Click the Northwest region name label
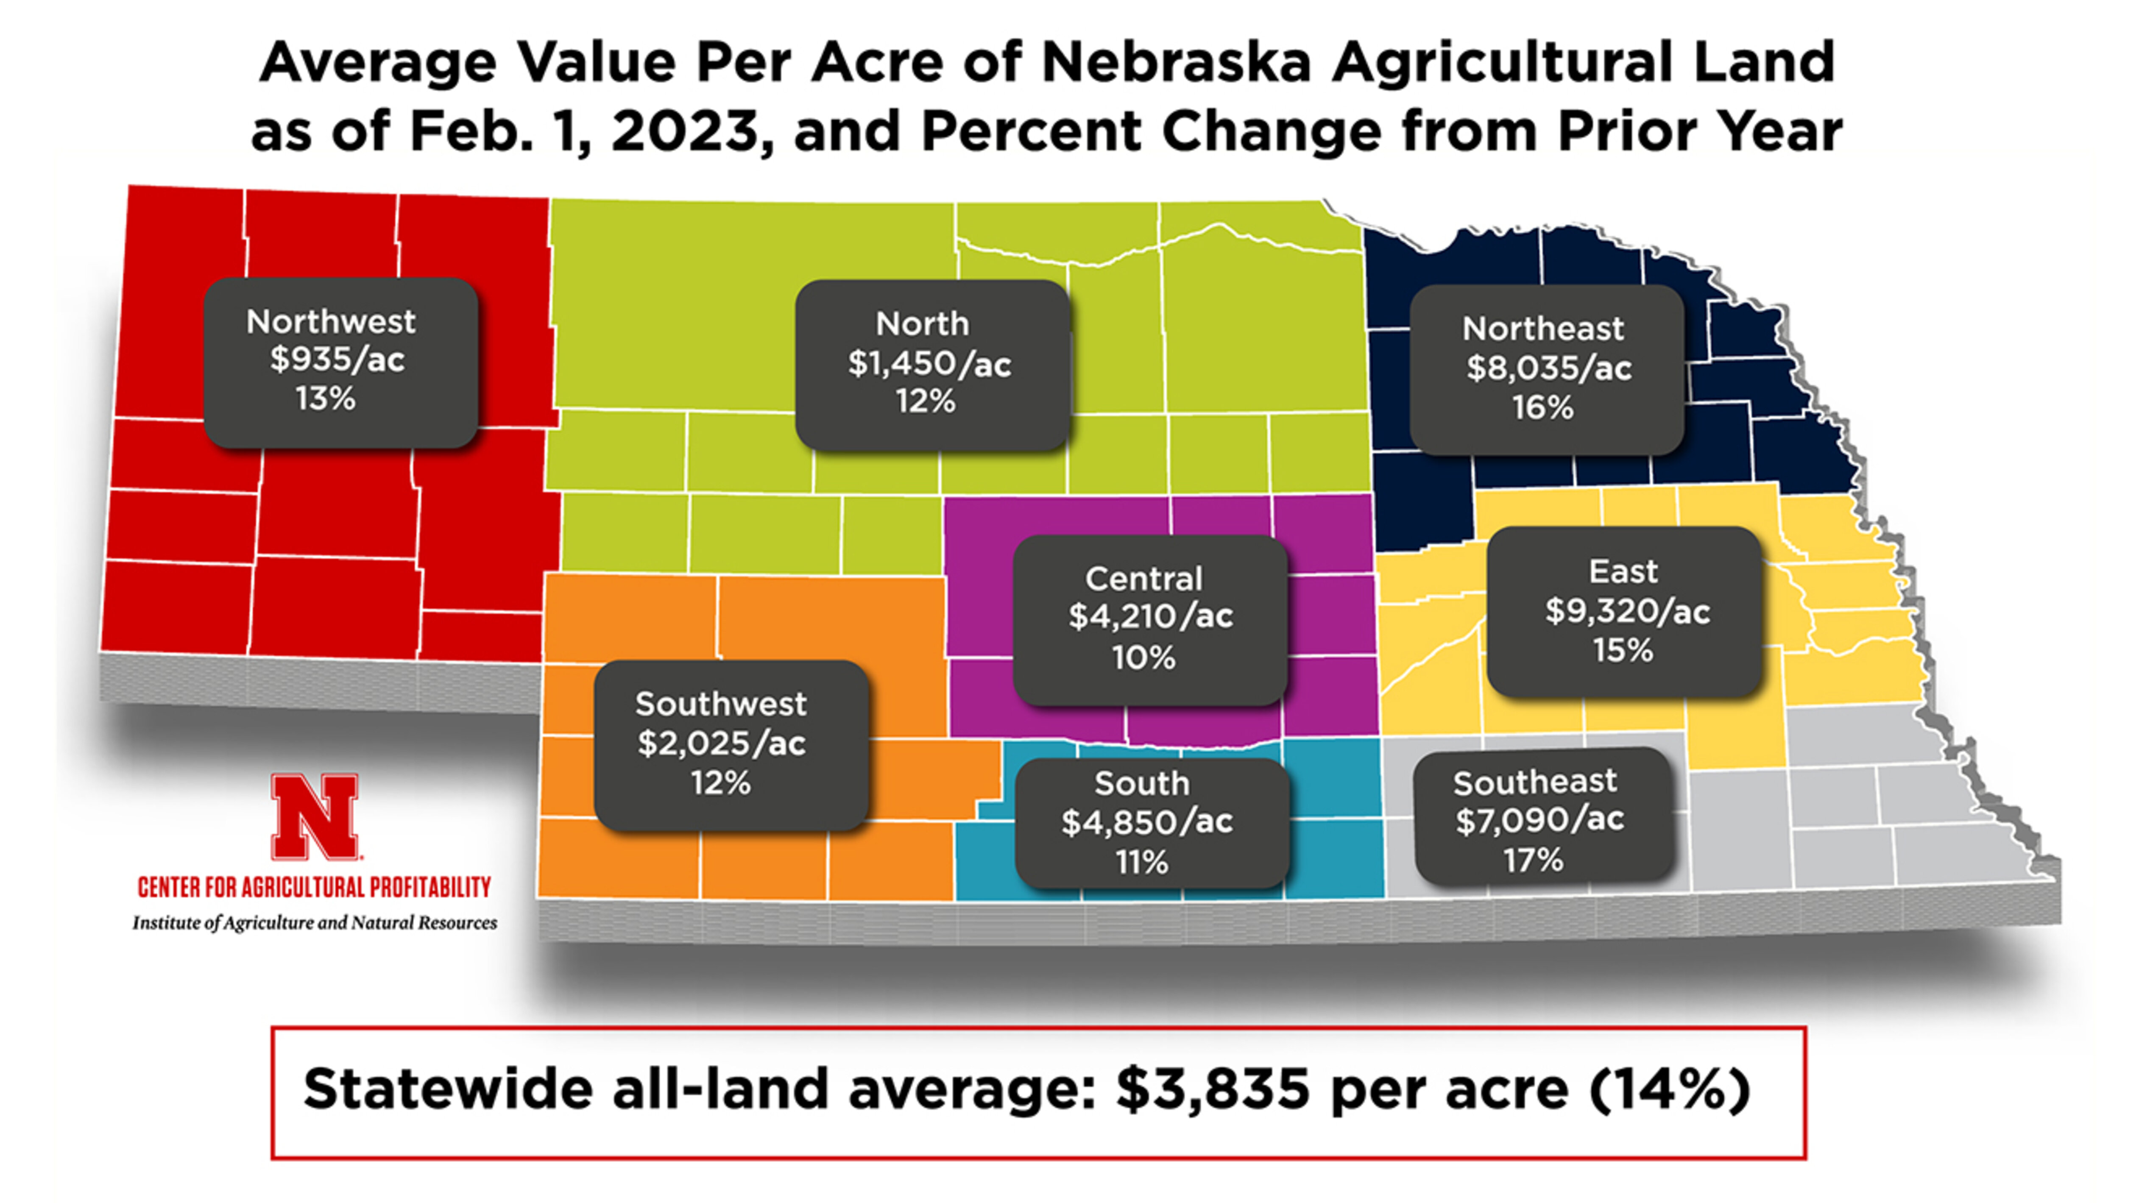[x=330, y=321]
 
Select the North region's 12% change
[x=925, y=402]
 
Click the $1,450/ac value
[x=929, y=364]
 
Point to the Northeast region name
[x=1543, y=329]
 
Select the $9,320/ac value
[x=1627, y=611]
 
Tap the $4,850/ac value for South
[x=1147, y=822]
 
